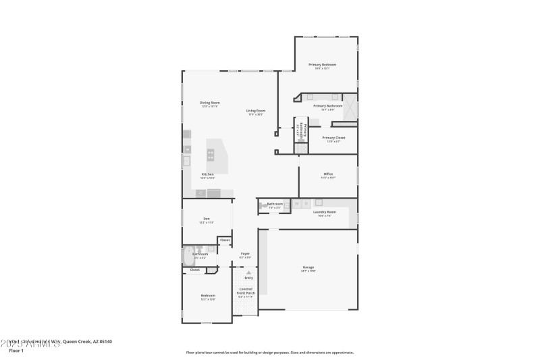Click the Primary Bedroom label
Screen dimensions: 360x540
(323, 65)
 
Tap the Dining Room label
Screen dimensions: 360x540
(210, 103)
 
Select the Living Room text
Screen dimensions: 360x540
(255, 111)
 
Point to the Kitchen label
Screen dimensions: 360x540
(207, 175)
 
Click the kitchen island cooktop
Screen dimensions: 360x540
(211, 154)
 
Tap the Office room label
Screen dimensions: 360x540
(327, 174)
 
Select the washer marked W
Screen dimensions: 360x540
(296, 203)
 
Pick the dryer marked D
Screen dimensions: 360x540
(304, 203)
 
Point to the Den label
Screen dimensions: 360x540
(206, 219)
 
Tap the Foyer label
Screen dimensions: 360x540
(245, 254)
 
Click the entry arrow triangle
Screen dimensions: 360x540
(248, 272)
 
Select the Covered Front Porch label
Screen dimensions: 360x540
(246, 292)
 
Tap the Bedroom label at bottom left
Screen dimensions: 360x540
(207, 296)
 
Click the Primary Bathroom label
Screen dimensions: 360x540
(328, 106)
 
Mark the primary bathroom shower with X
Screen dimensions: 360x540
(351, 109)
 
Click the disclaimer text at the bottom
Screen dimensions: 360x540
(269, 352)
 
